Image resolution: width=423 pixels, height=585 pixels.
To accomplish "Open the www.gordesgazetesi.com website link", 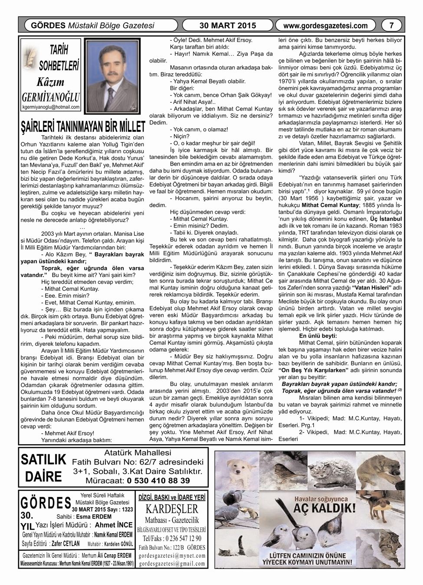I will point(325,26).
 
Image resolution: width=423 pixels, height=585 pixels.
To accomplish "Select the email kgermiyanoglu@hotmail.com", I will point(51,107).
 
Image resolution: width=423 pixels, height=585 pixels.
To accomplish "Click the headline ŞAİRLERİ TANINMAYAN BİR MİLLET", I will point(83,126).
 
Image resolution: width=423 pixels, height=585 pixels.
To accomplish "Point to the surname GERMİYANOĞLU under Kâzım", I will point(51,96).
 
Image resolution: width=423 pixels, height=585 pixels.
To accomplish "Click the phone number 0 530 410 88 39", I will point(158,480).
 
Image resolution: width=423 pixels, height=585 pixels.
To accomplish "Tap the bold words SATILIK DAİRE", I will point(43,468).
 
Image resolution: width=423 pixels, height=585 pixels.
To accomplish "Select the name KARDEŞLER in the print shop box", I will point(172,508).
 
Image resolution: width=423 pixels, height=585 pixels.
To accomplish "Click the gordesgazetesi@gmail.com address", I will point(172,563).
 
